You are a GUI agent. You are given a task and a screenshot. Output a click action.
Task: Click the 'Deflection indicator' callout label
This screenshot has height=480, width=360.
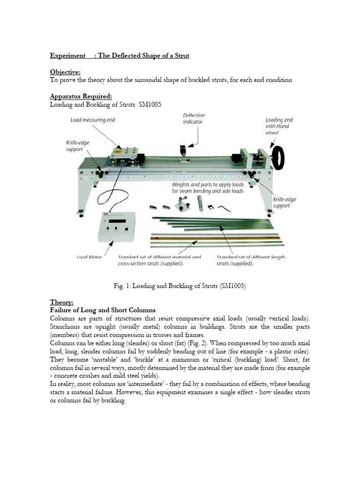tap(194, 118)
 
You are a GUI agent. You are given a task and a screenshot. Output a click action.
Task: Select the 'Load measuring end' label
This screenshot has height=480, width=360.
tap(93, 120)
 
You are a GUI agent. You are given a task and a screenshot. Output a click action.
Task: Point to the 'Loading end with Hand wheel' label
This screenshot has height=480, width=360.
tap(277, 126)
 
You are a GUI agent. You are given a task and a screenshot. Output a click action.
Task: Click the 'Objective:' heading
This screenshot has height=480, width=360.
tap(65, 72)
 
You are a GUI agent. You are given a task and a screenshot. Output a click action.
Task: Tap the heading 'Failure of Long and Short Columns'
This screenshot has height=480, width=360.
tap(103, 310)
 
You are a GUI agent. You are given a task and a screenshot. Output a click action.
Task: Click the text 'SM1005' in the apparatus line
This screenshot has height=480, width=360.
tap(150, 105)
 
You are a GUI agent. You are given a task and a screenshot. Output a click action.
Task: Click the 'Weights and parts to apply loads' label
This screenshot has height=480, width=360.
tap(207, 185)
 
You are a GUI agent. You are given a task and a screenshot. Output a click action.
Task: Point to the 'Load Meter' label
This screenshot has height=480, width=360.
tap(89, 256)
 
